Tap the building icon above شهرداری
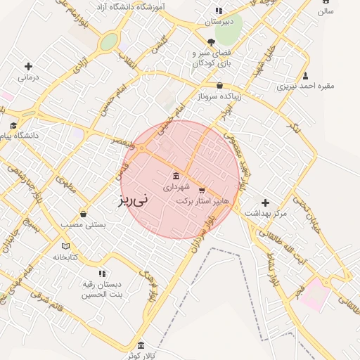[x=175, y=176]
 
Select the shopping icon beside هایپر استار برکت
[x=202, y=190]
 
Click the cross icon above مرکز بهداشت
[x=265, y=202]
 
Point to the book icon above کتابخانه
[x=66, y=246]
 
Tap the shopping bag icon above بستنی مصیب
[x=84, y=214]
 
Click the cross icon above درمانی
[x=27, y=66]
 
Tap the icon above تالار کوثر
[x=141, y=345]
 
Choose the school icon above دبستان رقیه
[x=102, y=273]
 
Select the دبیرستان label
[x=218, y=22]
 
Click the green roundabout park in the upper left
[x=108, y=42]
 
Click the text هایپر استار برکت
[x=202, y=201]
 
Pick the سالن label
[x=325, y=11]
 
